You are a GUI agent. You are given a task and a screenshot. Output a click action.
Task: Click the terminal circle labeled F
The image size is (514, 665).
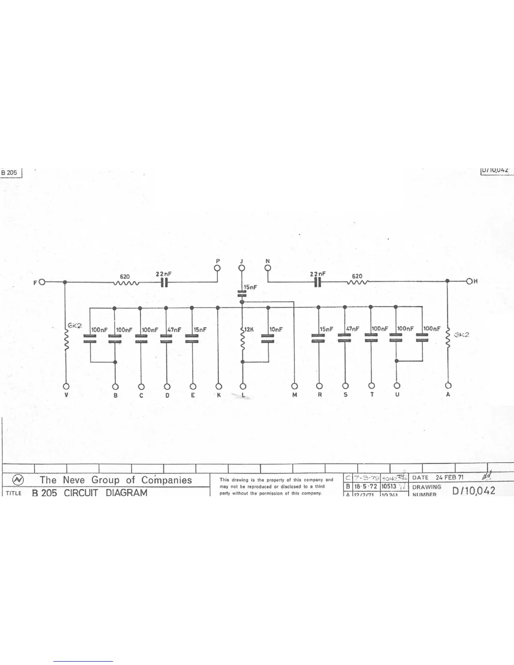click(x=42, y=282)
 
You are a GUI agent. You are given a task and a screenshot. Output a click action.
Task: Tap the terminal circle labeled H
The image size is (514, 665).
click(x=469, y=281)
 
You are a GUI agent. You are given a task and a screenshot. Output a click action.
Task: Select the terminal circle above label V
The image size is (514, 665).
click(x=66, y=386)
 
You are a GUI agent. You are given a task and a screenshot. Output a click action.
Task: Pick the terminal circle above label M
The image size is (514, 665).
click(x=295, y=386)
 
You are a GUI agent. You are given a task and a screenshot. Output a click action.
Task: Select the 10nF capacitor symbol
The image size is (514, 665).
click(x=268, y=338)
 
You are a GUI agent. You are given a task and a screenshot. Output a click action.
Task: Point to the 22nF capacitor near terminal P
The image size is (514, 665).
click(x=165, y=283)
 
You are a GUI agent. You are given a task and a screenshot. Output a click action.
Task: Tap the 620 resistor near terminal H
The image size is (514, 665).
click(x=357, y=282)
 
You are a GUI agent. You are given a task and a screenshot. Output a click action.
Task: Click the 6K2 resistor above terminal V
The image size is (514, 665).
click(x=66, y=338)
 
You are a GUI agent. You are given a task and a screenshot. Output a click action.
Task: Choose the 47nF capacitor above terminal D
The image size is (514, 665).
click(x=167, y=338)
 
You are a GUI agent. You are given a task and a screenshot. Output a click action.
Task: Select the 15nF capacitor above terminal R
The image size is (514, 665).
click(x=318, y=338)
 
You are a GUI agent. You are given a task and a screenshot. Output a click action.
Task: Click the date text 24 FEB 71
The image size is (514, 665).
click(x=449, y=477)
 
